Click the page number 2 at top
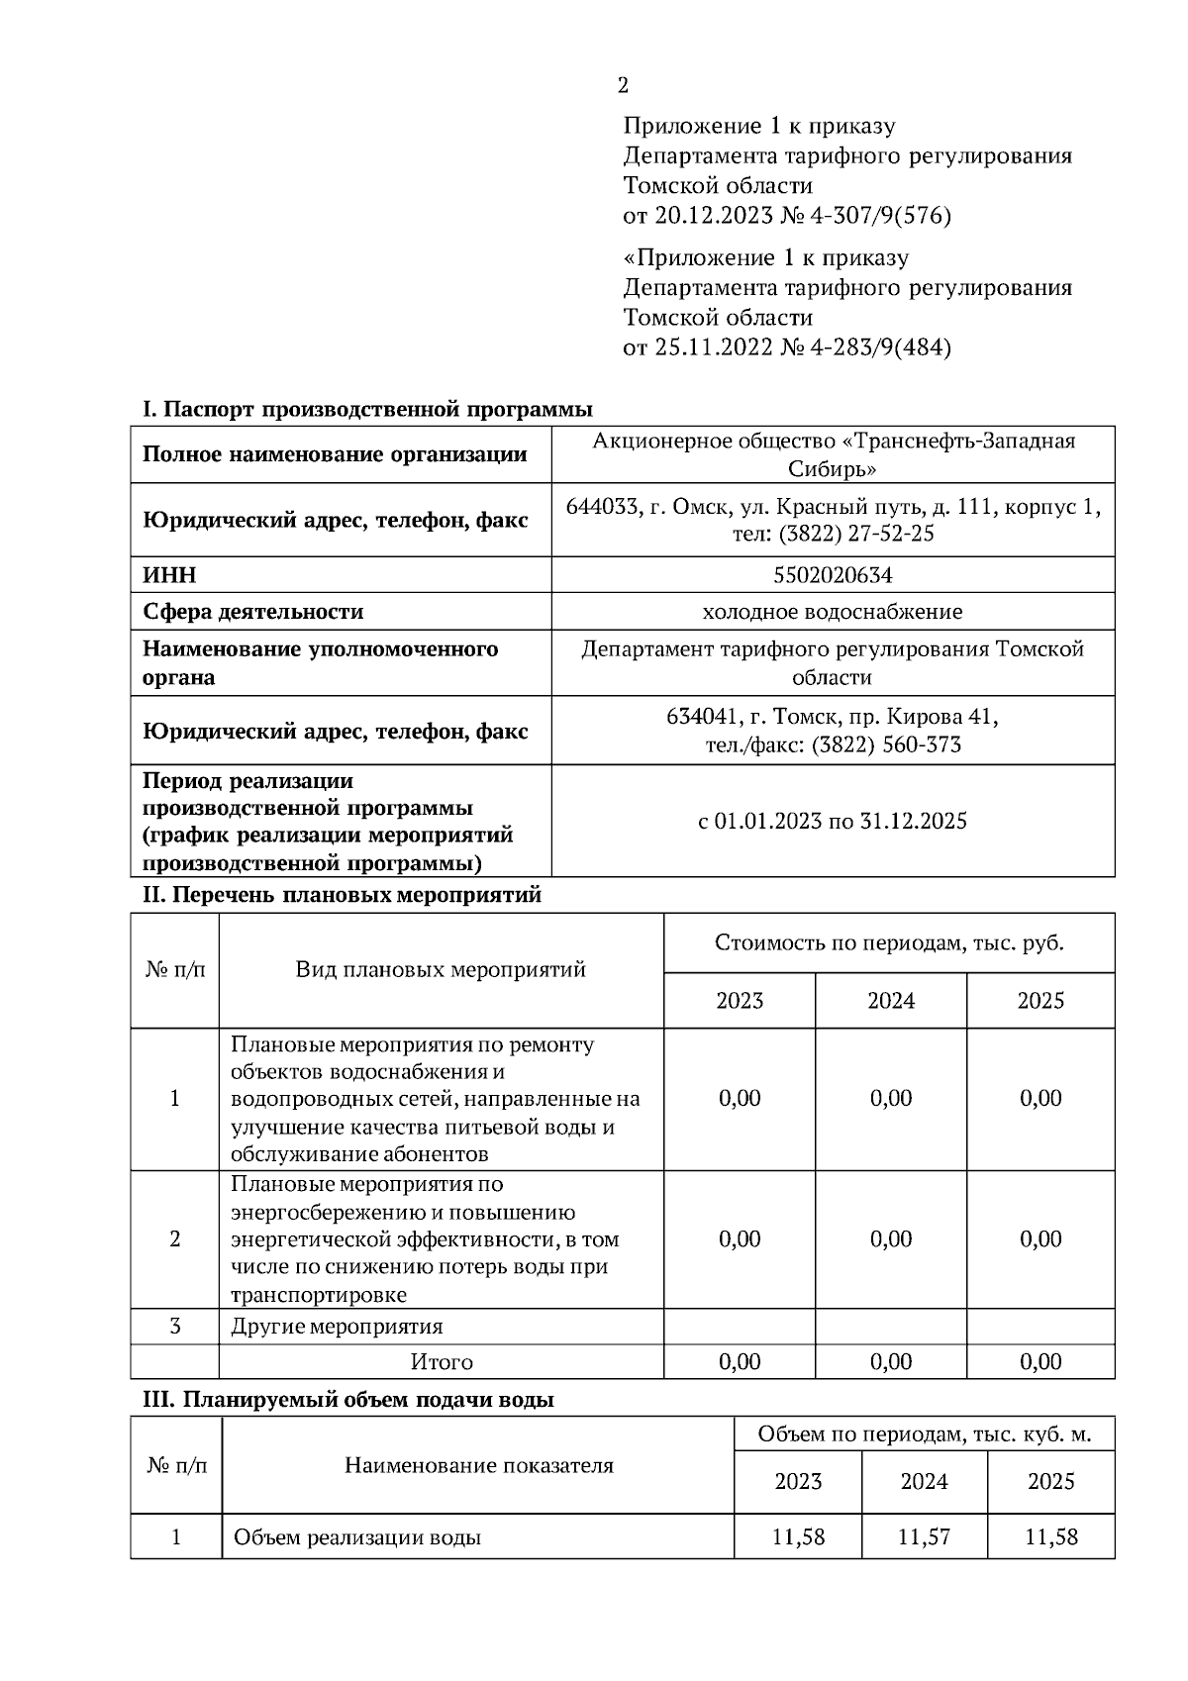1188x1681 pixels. [623, 86]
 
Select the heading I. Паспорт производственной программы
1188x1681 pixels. [367, 409]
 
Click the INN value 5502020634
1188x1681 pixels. [833, 575]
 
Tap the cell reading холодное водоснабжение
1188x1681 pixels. [833, 612]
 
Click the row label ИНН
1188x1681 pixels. [170, 575]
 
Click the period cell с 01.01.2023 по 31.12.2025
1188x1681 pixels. [833, 821]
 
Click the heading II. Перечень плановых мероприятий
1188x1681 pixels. [343, 895]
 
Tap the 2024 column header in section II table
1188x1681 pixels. [891, 1001]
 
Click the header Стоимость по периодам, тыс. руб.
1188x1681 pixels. [889, 942]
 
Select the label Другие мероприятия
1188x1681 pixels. [337, 1327]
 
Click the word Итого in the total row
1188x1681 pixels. [442, 1362]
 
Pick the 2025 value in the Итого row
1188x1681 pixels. [1040, 1362]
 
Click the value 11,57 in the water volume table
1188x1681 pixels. [924, 1537]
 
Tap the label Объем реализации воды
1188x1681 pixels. [357, 1538]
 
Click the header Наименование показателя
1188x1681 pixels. [478, 1465]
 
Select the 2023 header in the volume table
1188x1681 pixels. [798, 1482]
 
